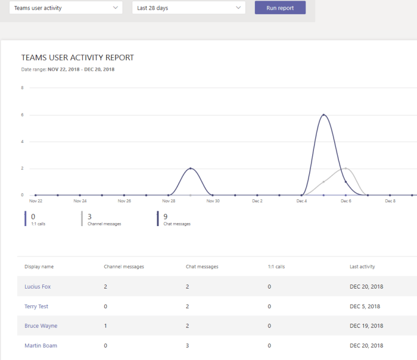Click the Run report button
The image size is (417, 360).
pos(280,8)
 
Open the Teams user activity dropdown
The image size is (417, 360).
pos(66,8)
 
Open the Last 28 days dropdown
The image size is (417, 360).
pos(188,8)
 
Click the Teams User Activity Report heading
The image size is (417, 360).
pos(77,58)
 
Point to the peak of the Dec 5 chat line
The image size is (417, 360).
pos(323,114)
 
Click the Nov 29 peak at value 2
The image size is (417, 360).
pos(191,168)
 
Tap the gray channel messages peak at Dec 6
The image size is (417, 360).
pos(346,168)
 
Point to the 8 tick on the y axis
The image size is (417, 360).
pos(22,88)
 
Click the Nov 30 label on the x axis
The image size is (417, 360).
pos(213,201)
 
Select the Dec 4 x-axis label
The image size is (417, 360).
pos(301,201)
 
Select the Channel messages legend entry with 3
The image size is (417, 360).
pos(99,220)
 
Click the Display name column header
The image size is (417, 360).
pos(39,267)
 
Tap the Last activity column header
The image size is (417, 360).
pos(362,267)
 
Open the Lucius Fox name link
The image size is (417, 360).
pos(38,287)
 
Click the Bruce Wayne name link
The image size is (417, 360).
pos(41,326)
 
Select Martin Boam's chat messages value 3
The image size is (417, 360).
pos(188,346)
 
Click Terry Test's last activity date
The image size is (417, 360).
pos(365,306)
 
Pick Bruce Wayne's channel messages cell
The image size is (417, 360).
pos(105,326)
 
